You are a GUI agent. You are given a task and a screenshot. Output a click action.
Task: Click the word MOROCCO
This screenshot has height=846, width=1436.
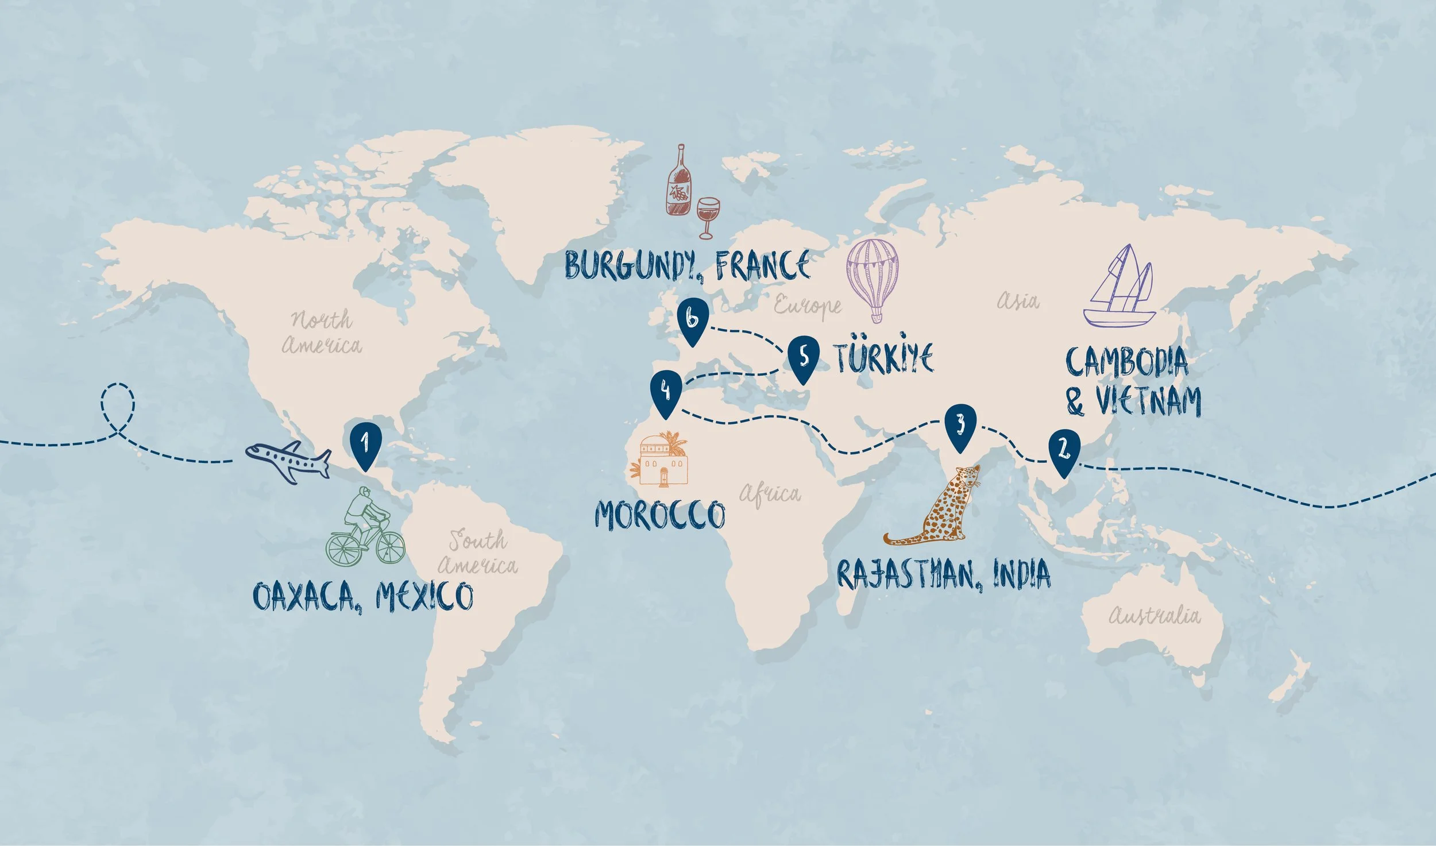click(660, 514)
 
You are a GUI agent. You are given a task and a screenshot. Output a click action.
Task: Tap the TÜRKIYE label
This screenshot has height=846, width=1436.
click(884, 357)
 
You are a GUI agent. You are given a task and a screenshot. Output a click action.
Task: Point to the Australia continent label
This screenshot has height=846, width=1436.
click(1154, 616)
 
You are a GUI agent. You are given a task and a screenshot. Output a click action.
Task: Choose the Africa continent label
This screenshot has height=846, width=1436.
click(770, 493)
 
